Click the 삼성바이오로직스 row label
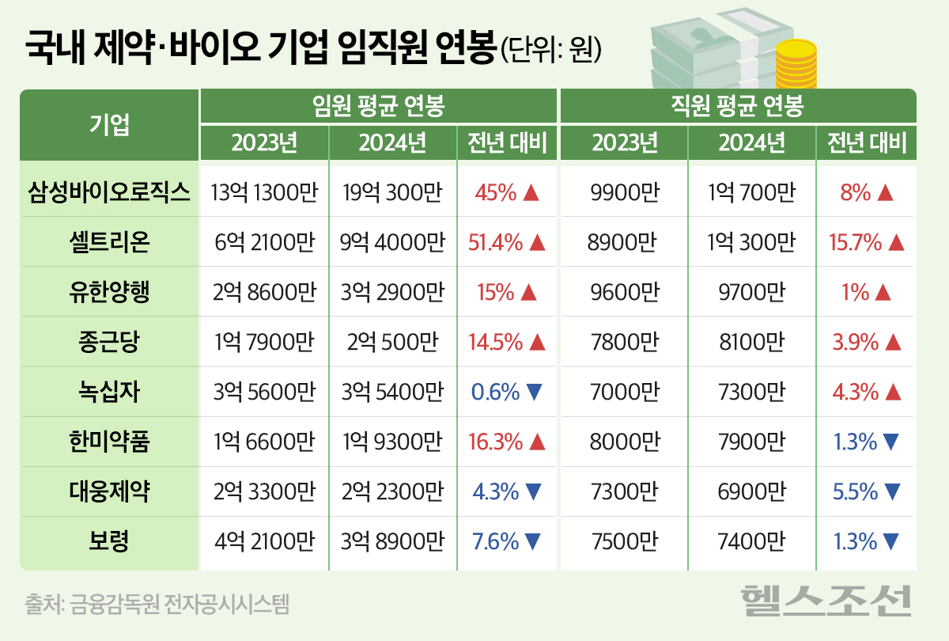pyautogui.click(x=108, y=192)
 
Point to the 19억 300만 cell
pyautogui.click(x=391, y=192)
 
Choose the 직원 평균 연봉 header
pyautogui.click(x=738, y=105)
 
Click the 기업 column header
pyautogui.click(x=108, y=123)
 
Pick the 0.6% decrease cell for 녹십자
pyautogui.click(x=507, y=392)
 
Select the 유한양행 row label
pyautogui.click(x=108, y=292)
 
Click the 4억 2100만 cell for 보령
pyautogui.click(x=263, y=542)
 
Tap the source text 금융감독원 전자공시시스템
pyautogui.click(x=157, y=605)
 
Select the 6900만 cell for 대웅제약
pyautogui.click(x=751, y=492)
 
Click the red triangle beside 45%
pyautogui.click(x=531, y=192)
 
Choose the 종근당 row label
pyautogui.click(x=108, y=342)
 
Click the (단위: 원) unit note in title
pyautogui.click(x=552, y=49)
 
